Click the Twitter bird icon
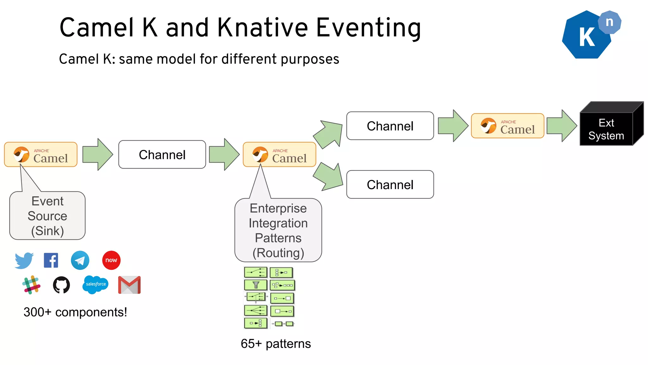click(x=24, y=260)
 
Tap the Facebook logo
click(x=51, y=260)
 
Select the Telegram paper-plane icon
click(x=80, y=260)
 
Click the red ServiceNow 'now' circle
click(x=111, y=260)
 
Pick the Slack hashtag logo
click(x=31, y=285)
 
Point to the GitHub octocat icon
click(x=61, y=285)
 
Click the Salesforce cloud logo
click(x=96, y=284)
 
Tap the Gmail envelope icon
click(x=129, y=285)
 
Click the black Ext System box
click(x=606, y=129)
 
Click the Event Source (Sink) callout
click(x=47, y=216)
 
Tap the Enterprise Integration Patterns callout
click(x=278, y=230)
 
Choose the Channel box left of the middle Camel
click(x=162, y=155)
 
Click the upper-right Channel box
click(x=390, y=126)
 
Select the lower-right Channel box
click(x=390, y=184)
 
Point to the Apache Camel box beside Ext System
click(x=508, y=126)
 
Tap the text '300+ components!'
click(x=75, y=312)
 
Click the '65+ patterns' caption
click(x=276, y=344)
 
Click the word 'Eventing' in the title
click(x=368, y=28)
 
